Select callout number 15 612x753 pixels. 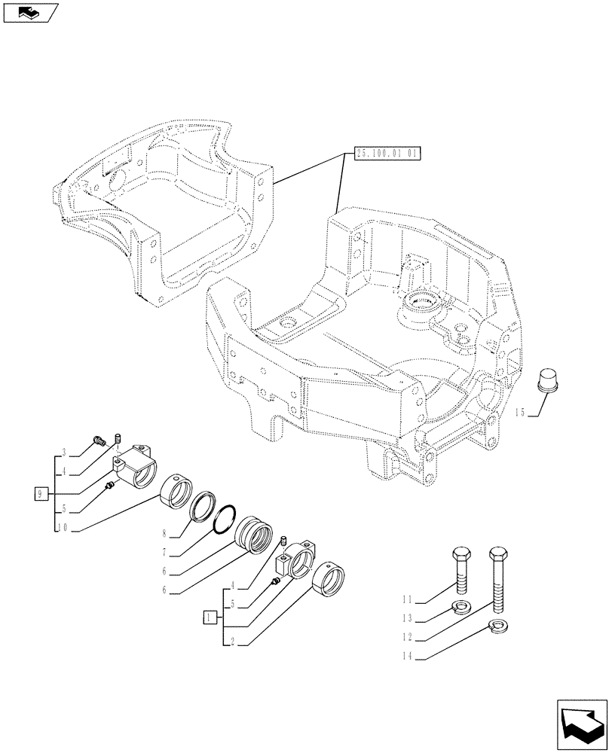519,413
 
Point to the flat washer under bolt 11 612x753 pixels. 457,608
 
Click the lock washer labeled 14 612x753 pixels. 498,624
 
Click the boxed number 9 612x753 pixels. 41,494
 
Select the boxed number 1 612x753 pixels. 208,617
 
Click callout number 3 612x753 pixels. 66,452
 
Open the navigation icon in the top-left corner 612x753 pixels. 31,13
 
